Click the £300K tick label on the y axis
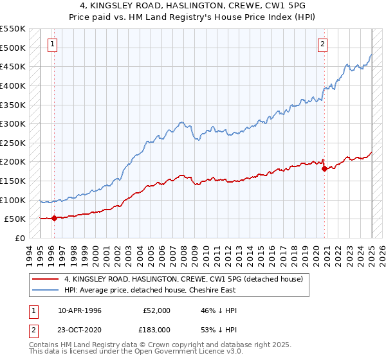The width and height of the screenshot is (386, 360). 12,123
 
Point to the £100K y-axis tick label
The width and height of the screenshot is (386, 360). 12,200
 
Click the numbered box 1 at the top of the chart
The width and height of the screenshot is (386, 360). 52,44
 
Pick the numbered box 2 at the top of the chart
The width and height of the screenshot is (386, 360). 322,44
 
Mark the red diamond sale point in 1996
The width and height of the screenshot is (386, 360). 54,218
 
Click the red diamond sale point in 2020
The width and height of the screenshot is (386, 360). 324,168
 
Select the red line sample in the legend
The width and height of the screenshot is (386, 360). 45,278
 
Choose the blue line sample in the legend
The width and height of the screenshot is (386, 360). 45,290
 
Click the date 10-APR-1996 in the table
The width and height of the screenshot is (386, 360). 80,310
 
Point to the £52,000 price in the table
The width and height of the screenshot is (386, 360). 156,310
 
